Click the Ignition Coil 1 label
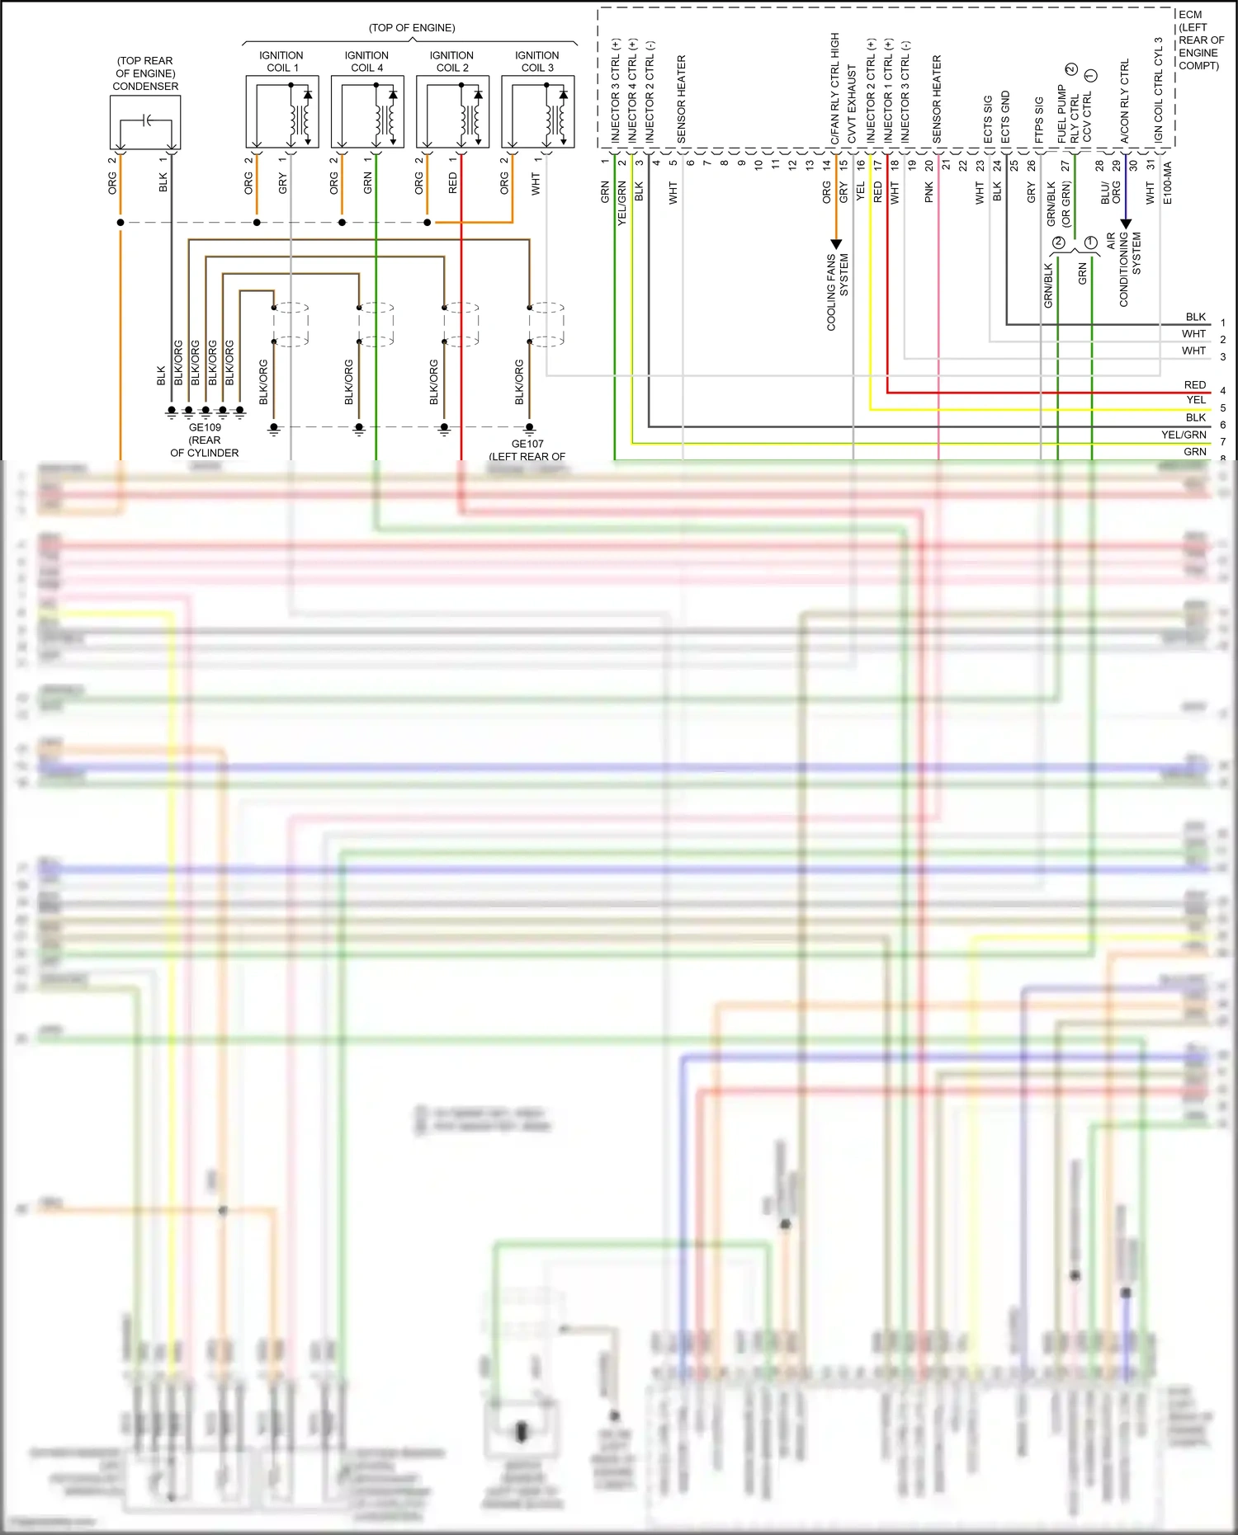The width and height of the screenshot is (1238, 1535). pos(281,62)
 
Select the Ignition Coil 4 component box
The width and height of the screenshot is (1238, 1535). pos(367,111)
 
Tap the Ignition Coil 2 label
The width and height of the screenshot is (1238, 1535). pos(452,62)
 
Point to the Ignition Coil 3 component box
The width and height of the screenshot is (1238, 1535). pos(538,111)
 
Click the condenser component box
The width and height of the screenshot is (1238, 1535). pos(145,122)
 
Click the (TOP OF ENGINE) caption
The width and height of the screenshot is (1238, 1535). pos(412,28)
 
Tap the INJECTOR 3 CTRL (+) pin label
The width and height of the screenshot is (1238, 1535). pos(616,91)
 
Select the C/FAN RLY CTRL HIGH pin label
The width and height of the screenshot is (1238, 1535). pos(835,88)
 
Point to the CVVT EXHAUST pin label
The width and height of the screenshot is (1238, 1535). pos(853,104)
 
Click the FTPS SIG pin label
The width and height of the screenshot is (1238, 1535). pos(1039,120)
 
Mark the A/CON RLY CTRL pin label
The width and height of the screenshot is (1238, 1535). pos(1124,101)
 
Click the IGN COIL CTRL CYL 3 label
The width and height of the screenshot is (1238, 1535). pos(1159,90)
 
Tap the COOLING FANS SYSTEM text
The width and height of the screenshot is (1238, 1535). pos(838,292)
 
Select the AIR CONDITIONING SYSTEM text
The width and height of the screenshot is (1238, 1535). pos(1124,269)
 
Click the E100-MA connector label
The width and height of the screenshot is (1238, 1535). pos(1167,182)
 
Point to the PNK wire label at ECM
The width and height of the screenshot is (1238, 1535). pos(929,193)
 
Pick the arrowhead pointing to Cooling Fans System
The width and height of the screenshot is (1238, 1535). pos(836,244)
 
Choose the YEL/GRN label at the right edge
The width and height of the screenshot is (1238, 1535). pos(1184,435)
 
